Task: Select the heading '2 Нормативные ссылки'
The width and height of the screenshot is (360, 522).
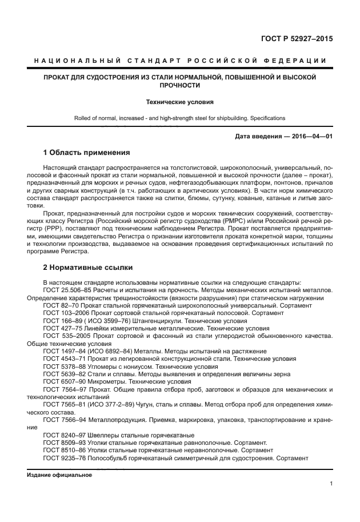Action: coord(88,267)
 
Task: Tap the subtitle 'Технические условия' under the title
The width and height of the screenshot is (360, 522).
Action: coord(180,102)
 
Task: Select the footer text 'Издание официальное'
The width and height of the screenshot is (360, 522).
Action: coord(59,475)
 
